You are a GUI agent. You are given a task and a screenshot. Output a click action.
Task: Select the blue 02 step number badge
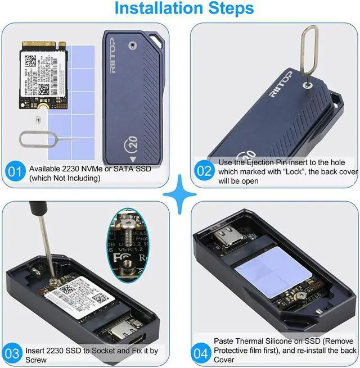point(204,171)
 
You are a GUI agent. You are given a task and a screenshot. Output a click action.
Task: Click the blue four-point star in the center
point(180,194)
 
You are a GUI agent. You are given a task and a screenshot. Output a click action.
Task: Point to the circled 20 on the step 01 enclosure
point(130,143)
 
